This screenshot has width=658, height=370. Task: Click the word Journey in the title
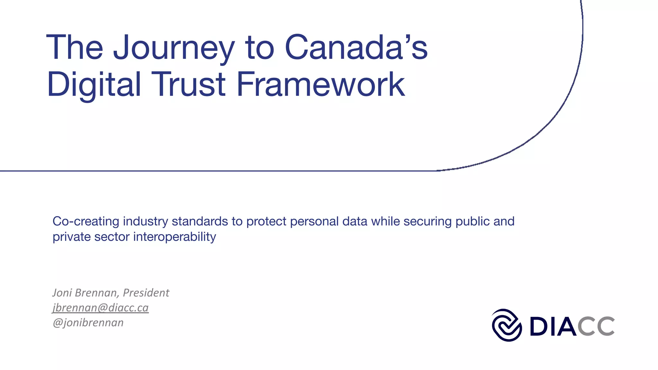[x=173, y=48]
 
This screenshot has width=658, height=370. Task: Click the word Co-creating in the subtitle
[x=86, y=221]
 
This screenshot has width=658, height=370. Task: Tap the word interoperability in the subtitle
[x=174, y=237]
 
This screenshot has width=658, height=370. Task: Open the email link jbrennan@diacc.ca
[x=101, y=308]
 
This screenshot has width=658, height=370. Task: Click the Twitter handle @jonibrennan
[x=88, y=322]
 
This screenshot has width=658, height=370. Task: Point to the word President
[x=146, y=293]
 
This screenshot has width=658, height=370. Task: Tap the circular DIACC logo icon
[x=507, y=325]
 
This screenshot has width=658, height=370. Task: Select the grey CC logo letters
[x=596, y=326]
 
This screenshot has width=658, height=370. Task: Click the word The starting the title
[x=75, y=48]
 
